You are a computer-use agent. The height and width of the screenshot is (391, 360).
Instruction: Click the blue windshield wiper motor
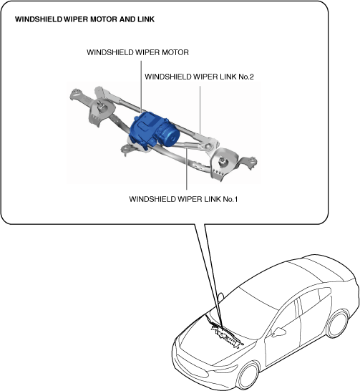153,131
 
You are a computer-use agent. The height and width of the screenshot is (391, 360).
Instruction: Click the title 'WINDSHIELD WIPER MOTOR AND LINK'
84,19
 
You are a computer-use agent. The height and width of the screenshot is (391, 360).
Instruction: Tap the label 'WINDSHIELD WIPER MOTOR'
137,52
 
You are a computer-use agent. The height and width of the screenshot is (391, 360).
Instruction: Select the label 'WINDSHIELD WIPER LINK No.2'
199,77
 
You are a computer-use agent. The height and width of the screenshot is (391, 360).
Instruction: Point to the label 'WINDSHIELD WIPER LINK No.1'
183,199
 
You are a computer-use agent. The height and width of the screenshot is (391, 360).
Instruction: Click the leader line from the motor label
141,87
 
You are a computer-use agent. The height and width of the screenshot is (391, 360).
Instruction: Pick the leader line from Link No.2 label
200,110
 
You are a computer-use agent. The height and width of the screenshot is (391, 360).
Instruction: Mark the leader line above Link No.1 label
187,168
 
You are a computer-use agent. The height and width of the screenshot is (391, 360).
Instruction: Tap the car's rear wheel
338,324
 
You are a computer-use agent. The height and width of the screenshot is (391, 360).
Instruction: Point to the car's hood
214,347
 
